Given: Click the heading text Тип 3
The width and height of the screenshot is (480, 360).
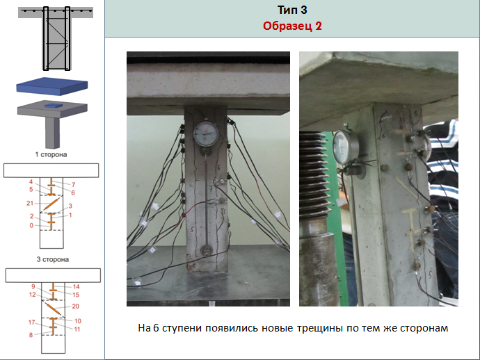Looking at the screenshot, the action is [292, 10].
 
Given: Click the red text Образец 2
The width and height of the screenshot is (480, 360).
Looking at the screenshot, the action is [292, 26].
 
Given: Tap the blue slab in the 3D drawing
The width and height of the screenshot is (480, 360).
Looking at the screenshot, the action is [52, 85].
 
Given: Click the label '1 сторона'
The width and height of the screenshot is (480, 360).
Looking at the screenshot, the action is [51, 154].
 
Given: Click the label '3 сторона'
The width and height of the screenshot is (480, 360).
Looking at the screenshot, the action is [53, 259].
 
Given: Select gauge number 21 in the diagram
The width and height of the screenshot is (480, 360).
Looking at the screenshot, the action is [30, 203].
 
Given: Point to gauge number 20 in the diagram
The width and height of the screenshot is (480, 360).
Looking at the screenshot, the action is [76, 306].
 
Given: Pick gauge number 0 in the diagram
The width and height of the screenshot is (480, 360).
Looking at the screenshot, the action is [31, 225].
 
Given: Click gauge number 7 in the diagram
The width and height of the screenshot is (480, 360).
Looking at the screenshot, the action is [74, 184].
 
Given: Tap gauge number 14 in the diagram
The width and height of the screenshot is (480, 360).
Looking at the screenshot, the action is [77, 286].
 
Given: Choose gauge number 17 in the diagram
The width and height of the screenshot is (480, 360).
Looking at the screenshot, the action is [32, 322].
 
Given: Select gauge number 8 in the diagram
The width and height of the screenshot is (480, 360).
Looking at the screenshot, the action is [31, 335].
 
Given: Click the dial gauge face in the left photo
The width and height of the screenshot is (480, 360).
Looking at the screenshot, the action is [206, 134].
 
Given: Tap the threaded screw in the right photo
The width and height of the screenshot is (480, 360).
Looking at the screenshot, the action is [314, 172].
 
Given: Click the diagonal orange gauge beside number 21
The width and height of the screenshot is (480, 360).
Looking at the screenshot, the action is [51, 204].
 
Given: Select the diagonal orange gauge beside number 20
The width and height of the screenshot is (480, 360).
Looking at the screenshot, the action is [52, 308].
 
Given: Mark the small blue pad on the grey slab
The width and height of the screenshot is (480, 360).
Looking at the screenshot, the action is [54, 105].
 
